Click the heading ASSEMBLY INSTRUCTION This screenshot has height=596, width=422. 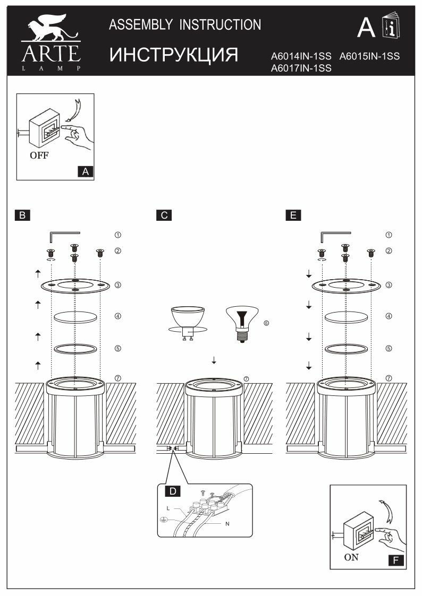pos(185,24)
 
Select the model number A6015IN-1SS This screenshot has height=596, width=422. pos(369,56)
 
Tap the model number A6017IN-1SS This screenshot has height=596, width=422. pos(301,68)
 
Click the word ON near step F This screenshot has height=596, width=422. pos(351,557)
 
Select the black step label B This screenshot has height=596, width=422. pos(22,215)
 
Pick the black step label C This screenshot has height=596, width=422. pos(164,215)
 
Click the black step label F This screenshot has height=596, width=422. pos(395,559)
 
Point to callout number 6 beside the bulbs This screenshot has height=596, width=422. pos(266,322)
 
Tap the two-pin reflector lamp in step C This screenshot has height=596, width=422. pos(187,321)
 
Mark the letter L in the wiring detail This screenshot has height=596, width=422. pos(168,508)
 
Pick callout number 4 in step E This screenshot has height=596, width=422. pos(389,316)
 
